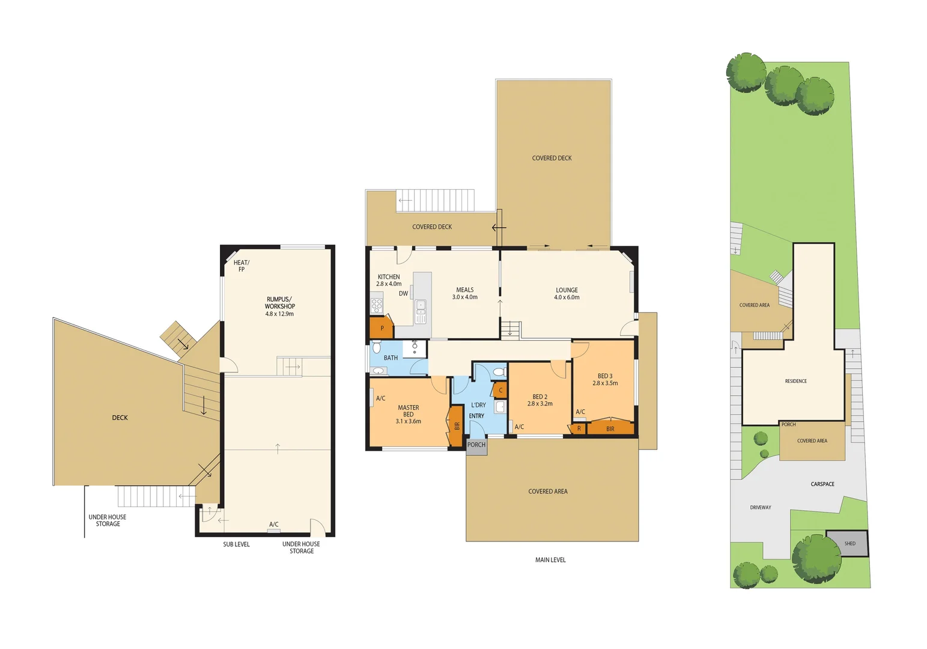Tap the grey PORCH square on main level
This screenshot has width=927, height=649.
click(x=476, y=446)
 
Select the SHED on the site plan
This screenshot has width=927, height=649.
click(x=848, y=543)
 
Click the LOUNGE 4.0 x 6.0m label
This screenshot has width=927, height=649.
click(x=567, y=294)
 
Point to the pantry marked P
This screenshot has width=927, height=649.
click(x=381, y=328)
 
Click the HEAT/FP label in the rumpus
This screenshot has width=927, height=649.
click(x=242, y=266)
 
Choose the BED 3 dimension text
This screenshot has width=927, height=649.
click(x=605, y=383)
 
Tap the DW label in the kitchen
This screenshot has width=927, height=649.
click(x=403, y=294)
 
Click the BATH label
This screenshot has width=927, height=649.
click(x=391, y=358)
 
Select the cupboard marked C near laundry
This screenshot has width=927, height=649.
click(x=500, y=391)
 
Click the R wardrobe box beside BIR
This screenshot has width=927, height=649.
click(x=579, y=428)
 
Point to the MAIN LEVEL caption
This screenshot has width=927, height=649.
click(x=550, y=560)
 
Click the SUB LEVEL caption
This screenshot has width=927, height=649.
click(x=236, y=544)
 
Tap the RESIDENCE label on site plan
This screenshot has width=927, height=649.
click(x=795, y=381)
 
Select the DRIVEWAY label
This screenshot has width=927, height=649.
click(x=760, y=508)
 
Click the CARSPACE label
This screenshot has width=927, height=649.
click(x=822, y=484)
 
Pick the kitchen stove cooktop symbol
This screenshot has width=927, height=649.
click(x=377, y=305)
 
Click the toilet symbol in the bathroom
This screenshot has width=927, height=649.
click(x=377, y=347)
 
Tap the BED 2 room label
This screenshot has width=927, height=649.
click(x=539, y=400)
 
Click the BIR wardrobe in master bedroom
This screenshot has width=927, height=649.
click(x=457, y=425)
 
